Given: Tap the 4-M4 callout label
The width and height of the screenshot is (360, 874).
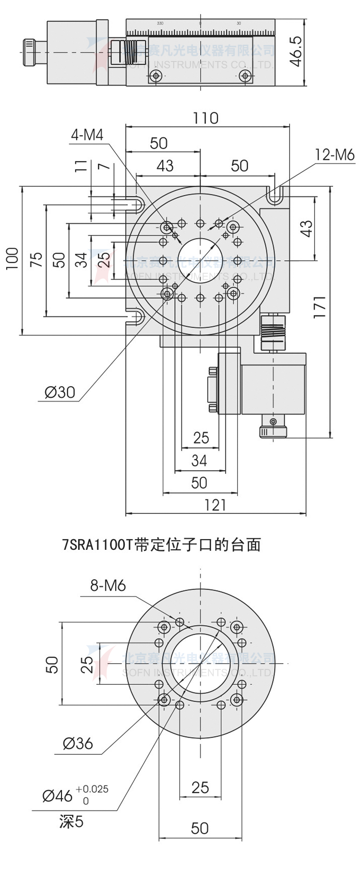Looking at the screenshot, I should [x=87, y=135].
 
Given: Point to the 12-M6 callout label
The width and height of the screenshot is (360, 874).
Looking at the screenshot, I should [x=335, y=154].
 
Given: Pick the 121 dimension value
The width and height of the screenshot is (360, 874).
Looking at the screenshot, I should [x=215, y=505].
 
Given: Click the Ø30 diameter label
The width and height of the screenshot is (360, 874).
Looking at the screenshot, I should [x=60, y=392].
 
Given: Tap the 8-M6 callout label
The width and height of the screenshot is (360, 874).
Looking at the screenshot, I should [x=108, y=585].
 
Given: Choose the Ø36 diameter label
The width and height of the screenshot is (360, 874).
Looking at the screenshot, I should [x=78, y=743].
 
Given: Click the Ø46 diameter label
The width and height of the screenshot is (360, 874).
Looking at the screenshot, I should [x=57, y=796].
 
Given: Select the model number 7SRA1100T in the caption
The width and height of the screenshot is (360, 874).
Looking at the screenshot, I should [x=98, y=545].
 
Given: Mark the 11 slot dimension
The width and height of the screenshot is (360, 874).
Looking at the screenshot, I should [x=82, y=166].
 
